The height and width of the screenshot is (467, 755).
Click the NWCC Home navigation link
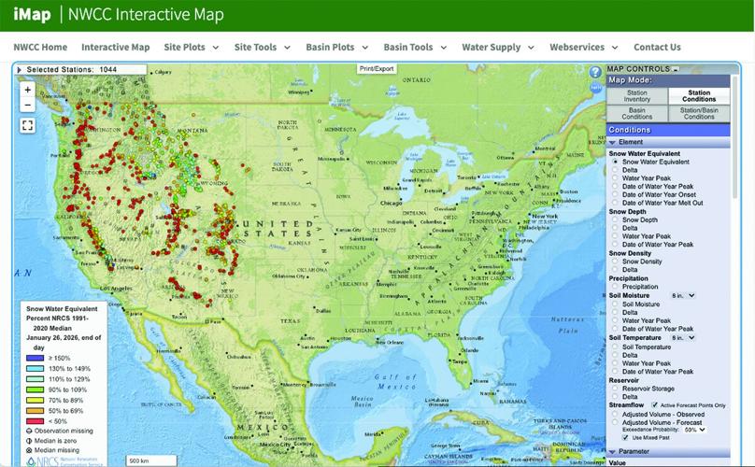(40, 47)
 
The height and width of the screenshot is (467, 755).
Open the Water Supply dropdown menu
(497, 47)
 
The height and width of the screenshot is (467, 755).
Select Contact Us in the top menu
(657, 47)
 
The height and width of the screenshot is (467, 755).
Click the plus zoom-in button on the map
(28, 91)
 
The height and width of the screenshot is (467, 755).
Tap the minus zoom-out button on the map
(28, 106)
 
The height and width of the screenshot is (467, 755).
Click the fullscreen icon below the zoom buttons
(28, 124)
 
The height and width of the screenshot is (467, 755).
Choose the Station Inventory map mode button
(636, 96)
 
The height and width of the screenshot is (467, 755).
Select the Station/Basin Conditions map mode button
(698, 114)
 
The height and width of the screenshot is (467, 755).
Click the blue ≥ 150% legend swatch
(33, 358)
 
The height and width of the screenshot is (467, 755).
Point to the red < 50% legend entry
(33, 421)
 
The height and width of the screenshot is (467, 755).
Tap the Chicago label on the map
(391, 202)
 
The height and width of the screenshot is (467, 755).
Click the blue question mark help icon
(595, 72)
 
